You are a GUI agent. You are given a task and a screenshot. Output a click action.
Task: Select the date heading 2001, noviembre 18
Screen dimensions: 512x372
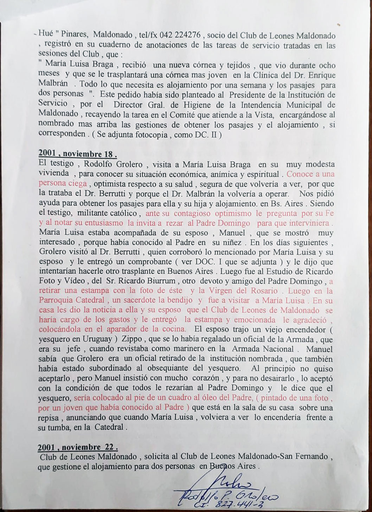77,154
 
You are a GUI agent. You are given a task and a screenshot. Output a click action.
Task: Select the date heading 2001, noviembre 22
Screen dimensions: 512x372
78,447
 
